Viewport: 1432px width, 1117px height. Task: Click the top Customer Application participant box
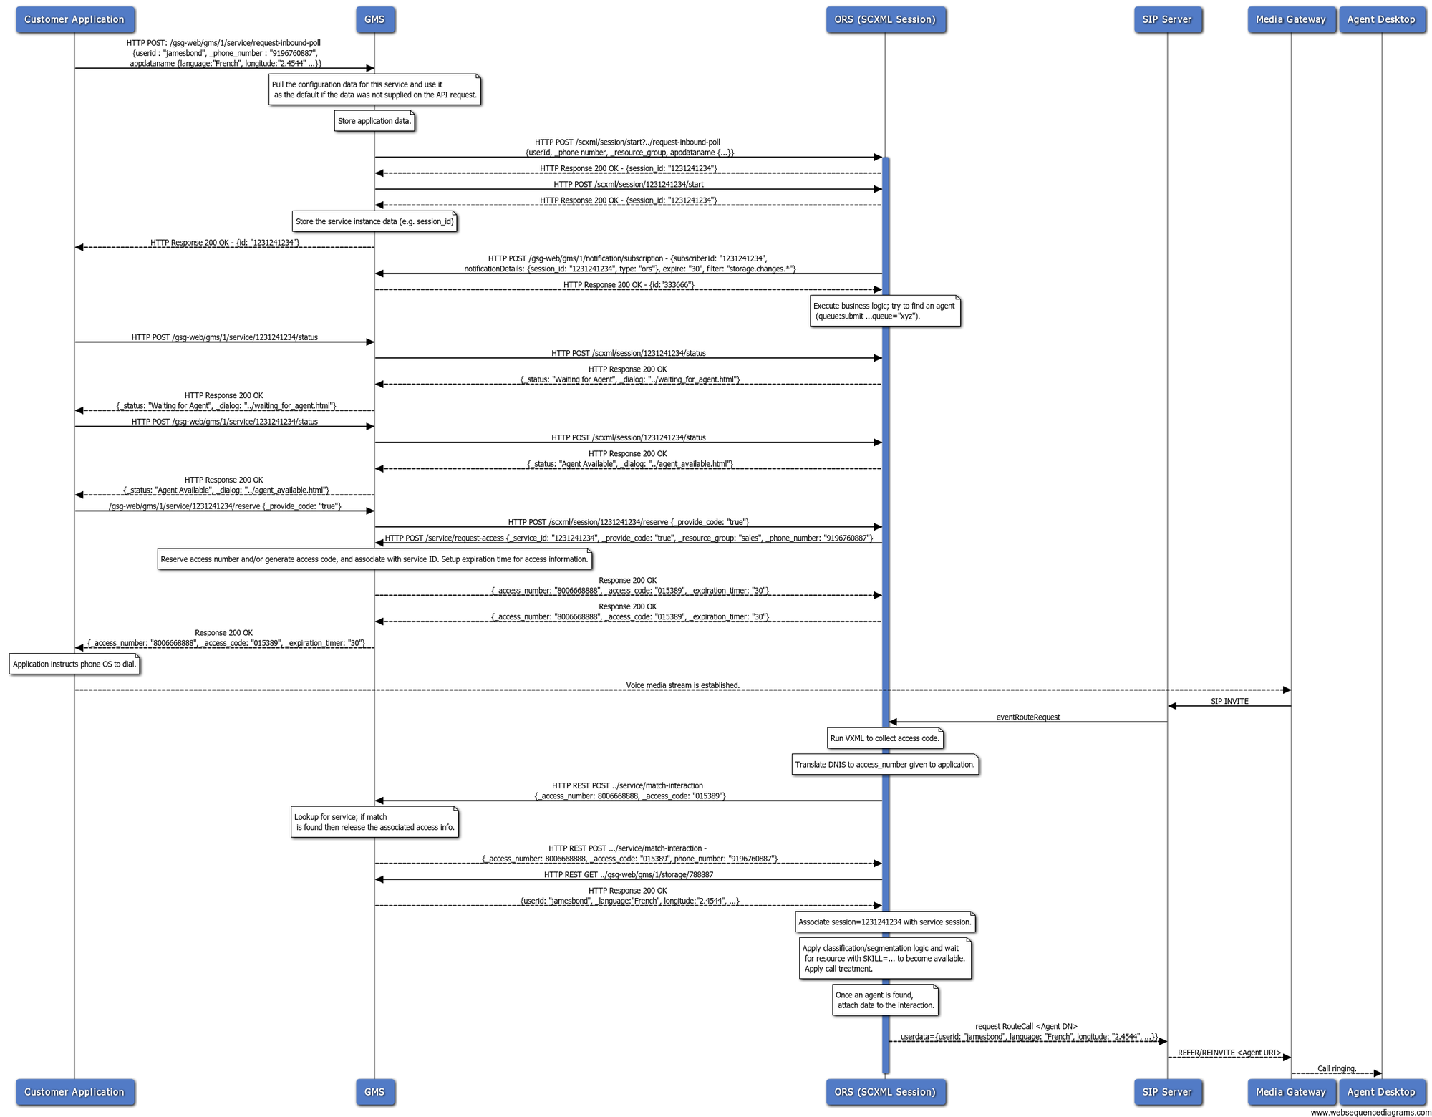pos(74,19)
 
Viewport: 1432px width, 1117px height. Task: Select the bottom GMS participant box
pos(374,1092)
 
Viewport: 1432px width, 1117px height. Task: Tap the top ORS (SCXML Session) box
pos(885,19)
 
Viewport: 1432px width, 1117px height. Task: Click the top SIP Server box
pos(1167,19)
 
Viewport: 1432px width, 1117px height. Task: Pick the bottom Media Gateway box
pos(1291,1092)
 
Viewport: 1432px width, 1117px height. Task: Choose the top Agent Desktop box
pos(1381,19)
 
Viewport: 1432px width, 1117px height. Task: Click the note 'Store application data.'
pos(374,121)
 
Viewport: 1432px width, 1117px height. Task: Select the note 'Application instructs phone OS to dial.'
pos(74,664)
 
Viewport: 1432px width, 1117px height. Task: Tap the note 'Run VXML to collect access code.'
pos(885,738)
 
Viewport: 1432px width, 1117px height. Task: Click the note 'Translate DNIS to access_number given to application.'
pos(885,765)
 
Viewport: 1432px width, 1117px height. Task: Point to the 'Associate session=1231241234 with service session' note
pos(885,922)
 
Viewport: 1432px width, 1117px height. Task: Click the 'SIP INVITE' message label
pos(1229,702)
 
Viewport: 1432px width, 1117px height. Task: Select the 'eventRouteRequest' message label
pos(1028,717)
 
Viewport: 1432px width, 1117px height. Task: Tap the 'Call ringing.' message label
pos(1337,1069)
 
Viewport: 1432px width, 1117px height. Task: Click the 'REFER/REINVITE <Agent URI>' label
pos(1229,1053)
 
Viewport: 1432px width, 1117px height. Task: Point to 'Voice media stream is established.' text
pos(682,686)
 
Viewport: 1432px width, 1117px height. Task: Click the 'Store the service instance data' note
pos(374,222)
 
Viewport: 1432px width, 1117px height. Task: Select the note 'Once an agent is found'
pos(885,1000)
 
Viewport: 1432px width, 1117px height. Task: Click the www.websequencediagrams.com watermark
pos(1370,1112)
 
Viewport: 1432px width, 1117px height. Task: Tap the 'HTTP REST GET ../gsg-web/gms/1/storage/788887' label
pos(629,875)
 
